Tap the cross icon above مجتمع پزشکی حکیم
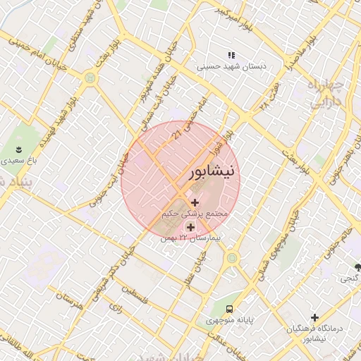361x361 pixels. click(195, 202)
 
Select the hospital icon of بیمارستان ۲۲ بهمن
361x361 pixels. click(190, 227)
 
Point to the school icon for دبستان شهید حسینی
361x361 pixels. click(231, 55)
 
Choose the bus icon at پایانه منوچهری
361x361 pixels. click(230, 309)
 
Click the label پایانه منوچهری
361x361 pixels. click(229, 320)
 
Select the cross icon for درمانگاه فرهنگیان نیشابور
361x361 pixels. click(315, 318)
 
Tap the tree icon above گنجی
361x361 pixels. click(358, 267)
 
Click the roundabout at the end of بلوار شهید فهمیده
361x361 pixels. click(90, 78)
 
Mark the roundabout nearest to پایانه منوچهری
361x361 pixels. click(231, 258)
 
